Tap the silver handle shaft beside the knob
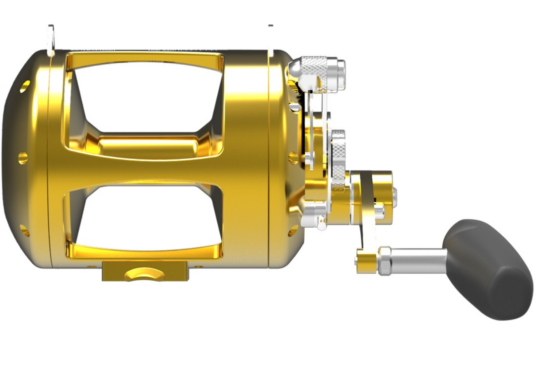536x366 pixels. pyautogui.click(x=419, y=259)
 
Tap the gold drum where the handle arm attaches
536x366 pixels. pyautogui.click(x=373, y=191)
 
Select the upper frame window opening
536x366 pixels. pyautogui.click(x=144, y=97)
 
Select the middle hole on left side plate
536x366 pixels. pyautogui.click(x=23, y=158)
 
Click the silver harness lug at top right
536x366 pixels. pyautogui.click(x=270, y=37)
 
